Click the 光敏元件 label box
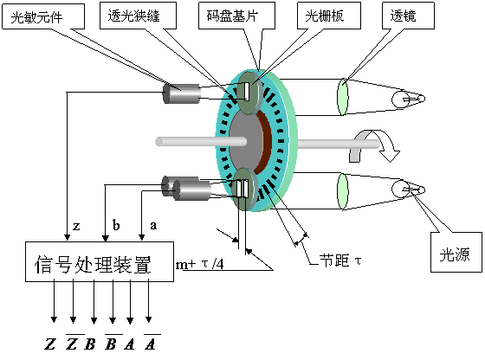(x=43, y=16)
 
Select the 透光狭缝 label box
(x=138, y=16)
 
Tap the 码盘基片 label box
(x=236, y=16)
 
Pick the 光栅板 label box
(x=329, y=16)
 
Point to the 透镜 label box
(x=408, y=16)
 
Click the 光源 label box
(x=456, y=252)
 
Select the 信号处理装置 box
(x=100, y=261)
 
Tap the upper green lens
(x=342, y=97)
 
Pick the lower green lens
(x=342, y=191)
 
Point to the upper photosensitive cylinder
(x=182, y=93)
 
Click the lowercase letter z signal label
(x=76, y=227)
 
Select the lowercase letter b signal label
(x=116, y=225)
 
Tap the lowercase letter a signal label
(x=153, y=226)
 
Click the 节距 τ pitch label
(x=340, y=260)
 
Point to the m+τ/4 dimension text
(x=200, y=264)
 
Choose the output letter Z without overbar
(x=50, y=344)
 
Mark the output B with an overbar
(x=111, y=343)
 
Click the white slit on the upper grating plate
(x=247, y=92)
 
